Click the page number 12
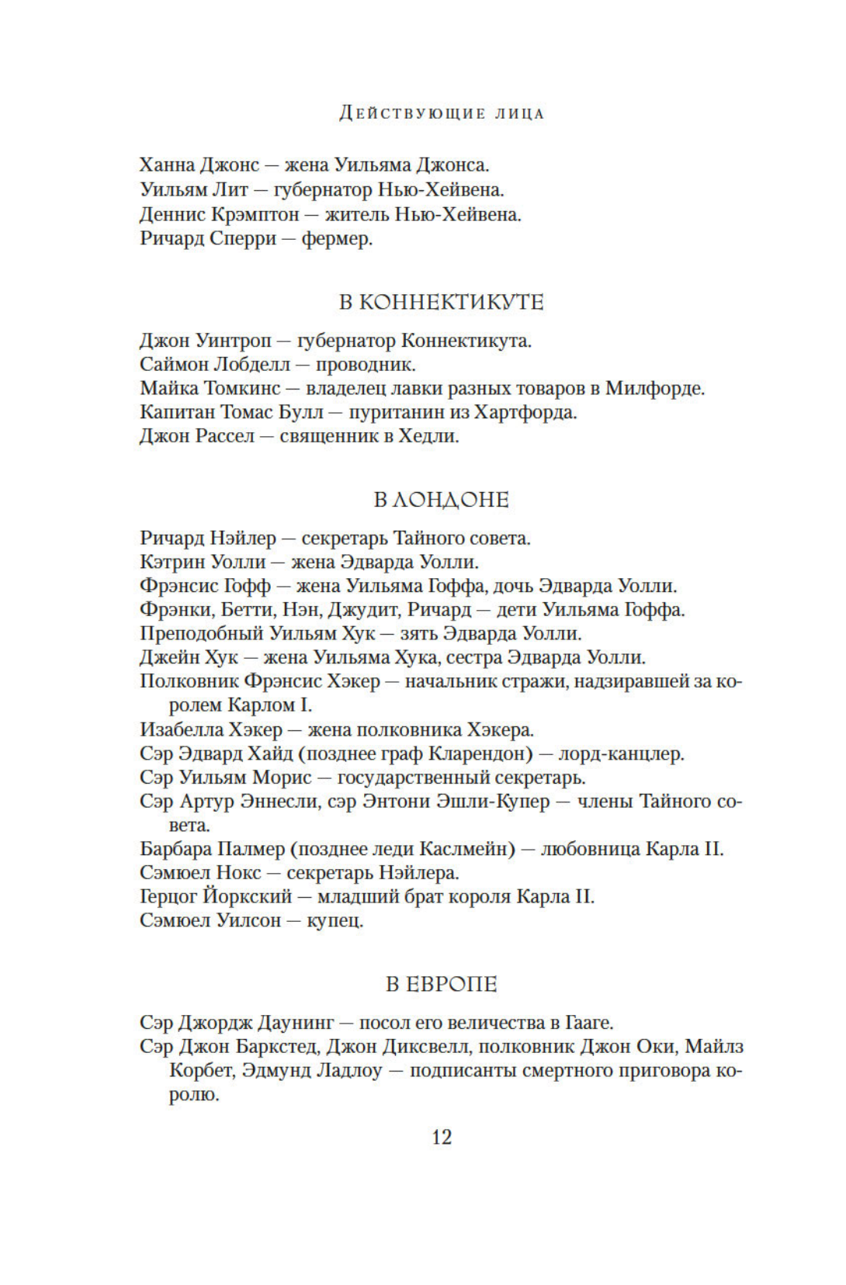click(441, 1137)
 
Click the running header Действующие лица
click(442, 113)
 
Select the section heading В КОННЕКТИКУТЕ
click(441, 302)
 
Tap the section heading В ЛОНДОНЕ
click(441, 500)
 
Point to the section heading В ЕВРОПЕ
click(441, 984)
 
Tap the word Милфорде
click(654, 388)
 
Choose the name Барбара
click(175, 849)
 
